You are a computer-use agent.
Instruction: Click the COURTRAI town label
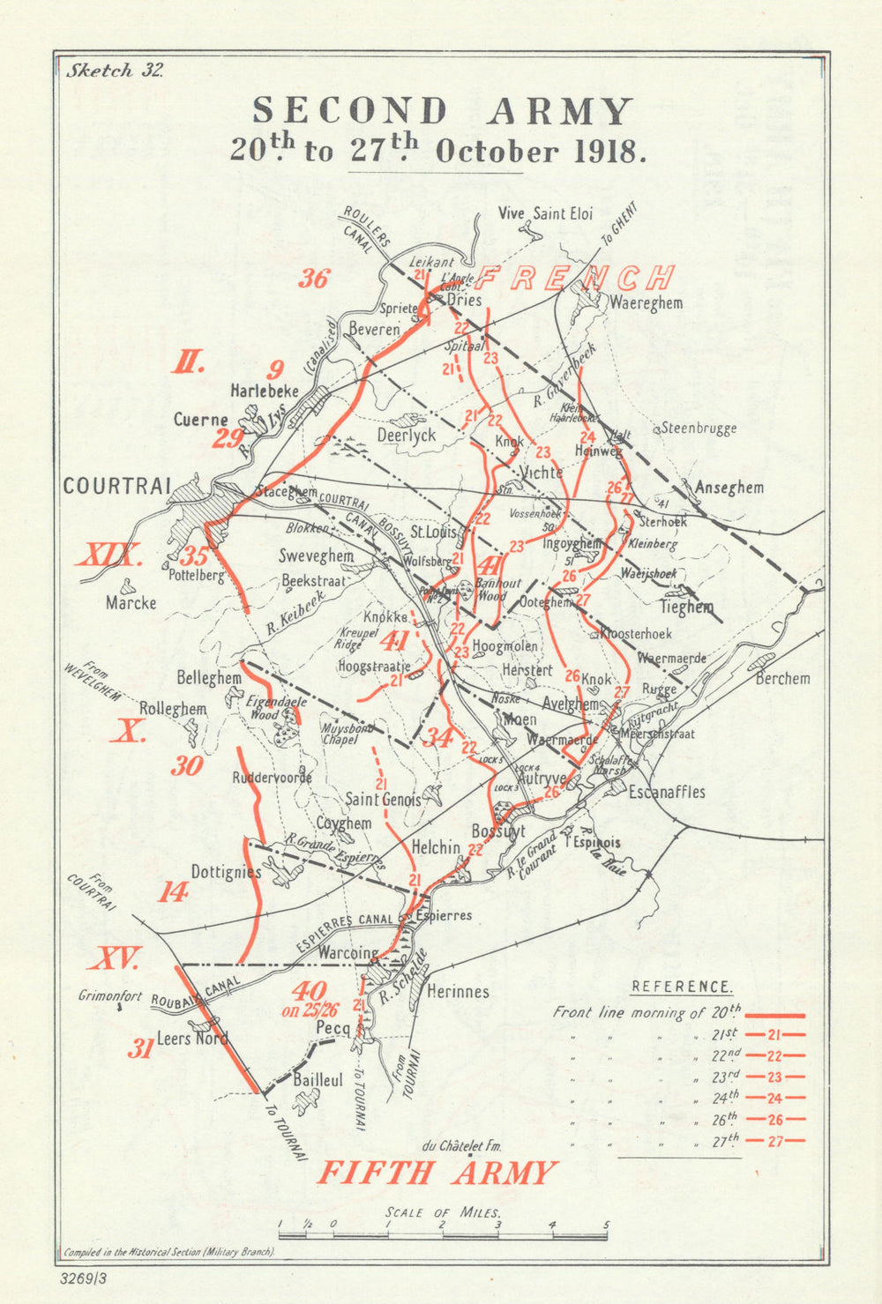point(116,486)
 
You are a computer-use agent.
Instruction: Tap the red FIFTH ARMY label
point(437,1172)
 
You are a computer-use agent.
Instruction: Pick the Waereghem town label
point(647,302)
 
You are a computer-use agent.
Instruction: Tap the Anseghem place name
point(729,488)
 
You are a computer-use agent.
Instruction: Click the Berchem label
point(782,678)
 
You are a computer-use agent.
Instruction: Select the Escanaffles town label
point(667,792)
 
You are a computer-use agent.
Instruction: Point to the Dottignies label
point(226,872)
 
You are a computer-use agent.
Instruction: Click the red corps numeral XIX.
point(109,556)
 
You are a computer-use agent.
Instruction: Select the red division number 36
point(313,279)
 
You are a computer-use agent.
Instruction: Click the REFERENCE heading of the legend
point(682,987)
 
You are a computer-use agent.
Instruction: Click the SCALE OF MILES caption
point(444,1213)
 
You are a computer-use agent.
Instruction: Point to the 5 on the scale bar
point(606,1225)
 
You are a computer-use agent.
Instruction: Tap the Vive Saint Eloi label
point(545,213)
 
